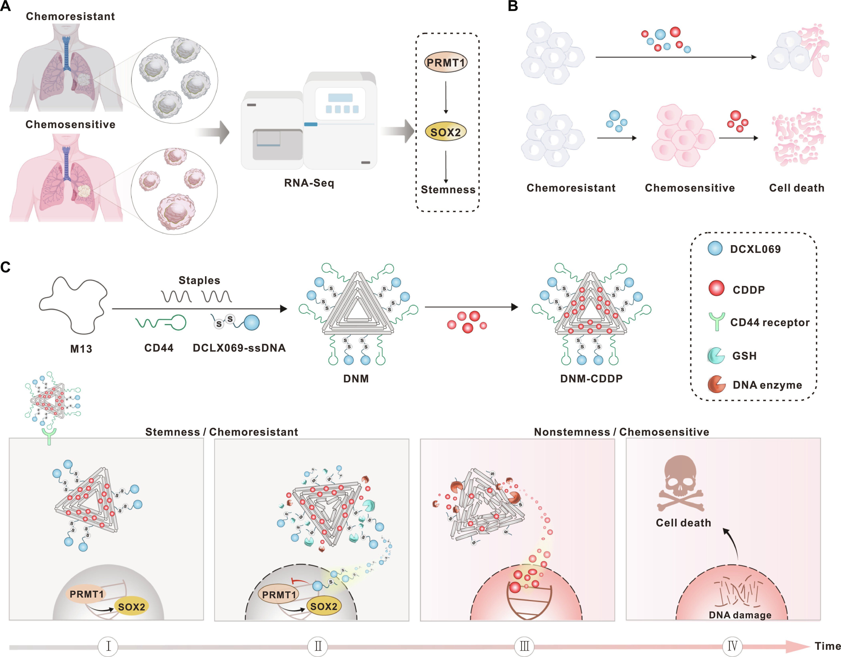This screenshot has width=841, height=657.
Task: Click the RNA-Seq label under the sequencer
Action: pos(309,183)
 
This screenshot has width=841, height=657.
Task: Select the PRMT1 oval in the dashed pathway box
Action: pos(446,62)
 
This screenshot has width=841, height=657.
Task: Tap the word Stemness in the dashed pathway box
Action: pos(448,190)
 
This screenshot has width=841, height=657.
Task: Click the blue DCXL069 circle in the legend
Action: pos(715,249)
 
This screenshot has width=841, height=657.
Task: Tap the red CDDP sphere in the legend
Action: pos(716,288)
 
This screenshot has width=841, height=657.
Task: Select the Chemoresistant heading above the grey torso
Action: pos(70,17)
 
